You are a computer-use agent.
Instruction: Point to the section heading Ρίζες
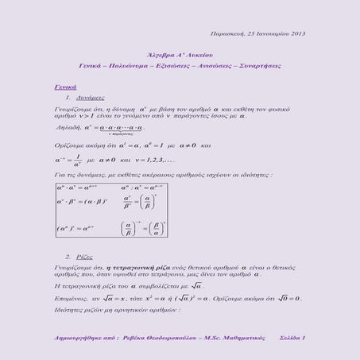tap(85, 258)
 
